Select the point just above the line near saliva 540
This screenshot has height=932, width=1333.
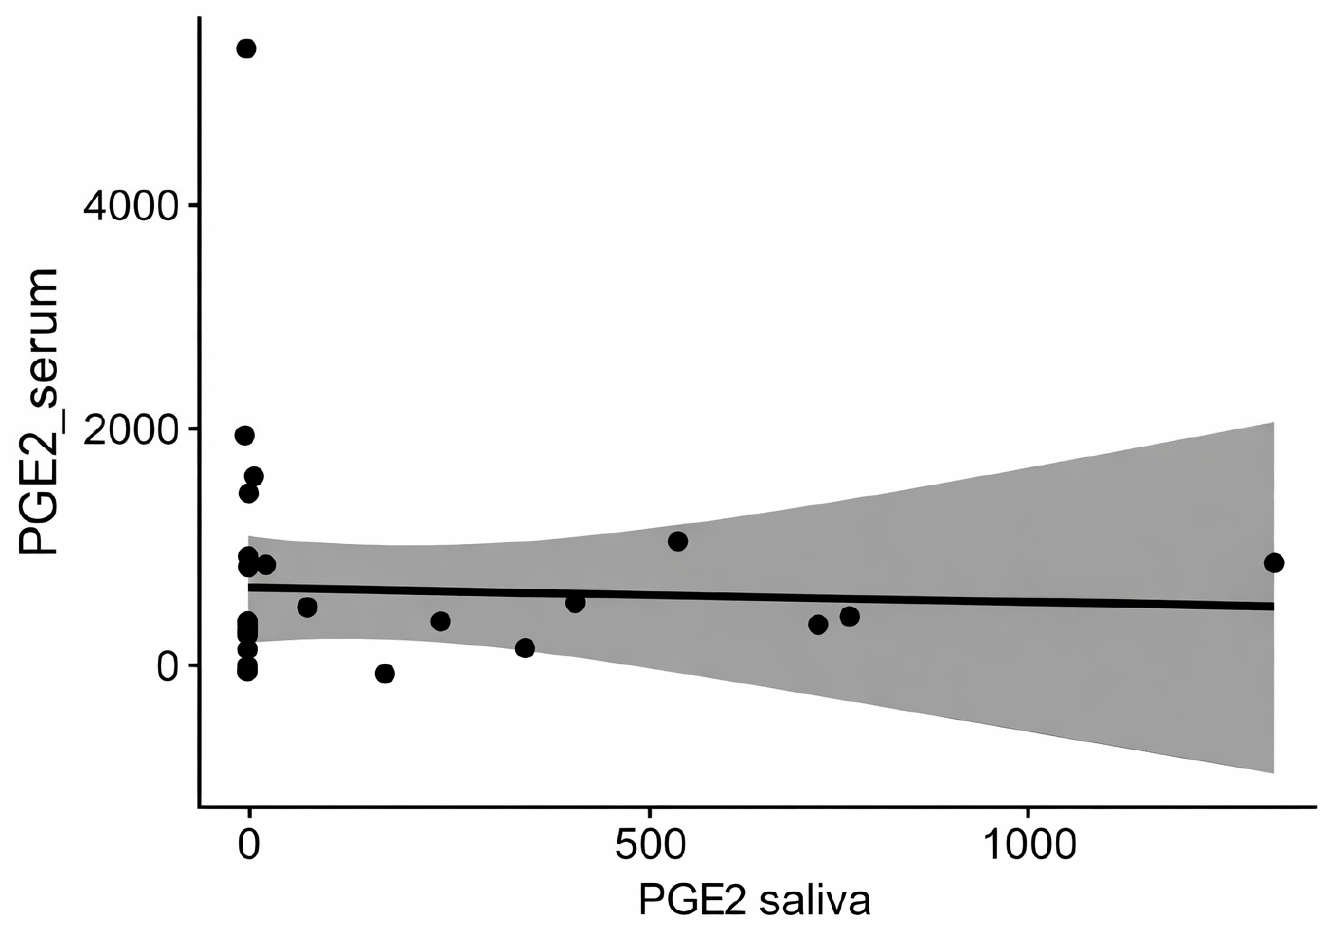[x=678, y=541]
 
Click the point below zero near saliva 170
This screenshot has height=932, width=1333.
[x=385, y=674]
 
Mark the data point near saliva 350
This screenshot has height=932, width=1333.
[x=525, y=648]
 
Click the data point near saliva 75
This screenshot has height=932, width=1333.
[x=307, y=607]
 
